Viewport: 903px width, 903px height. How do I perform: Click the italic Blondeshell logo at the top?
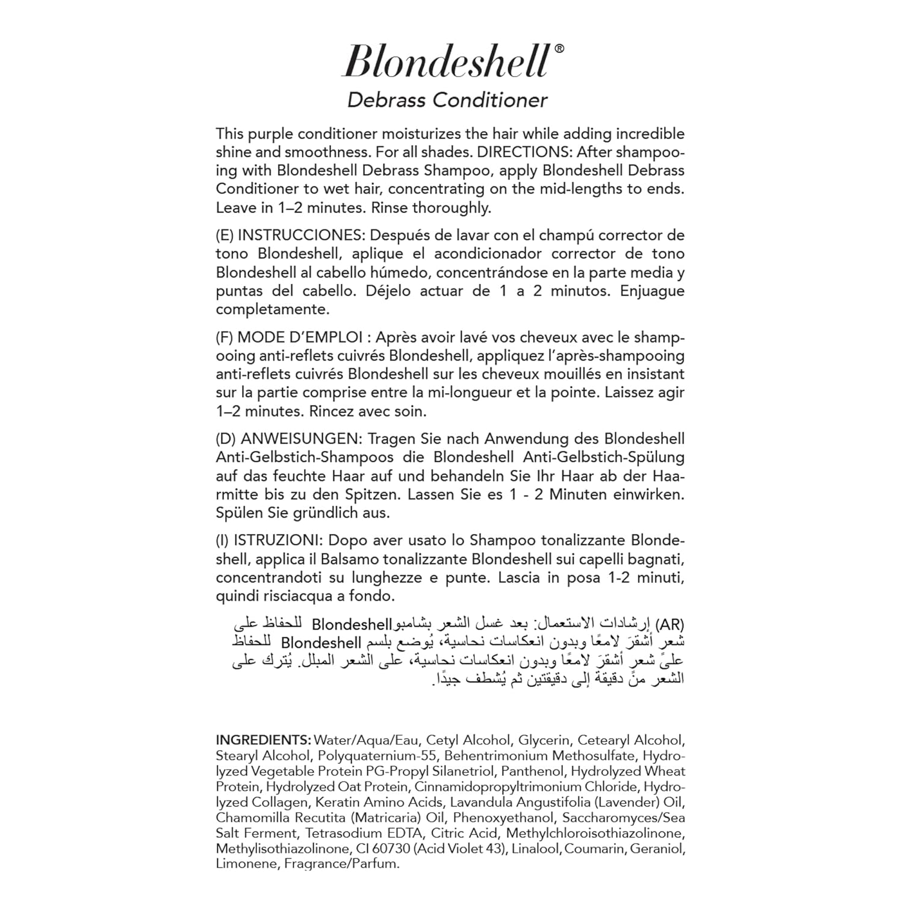(x=446, y=62)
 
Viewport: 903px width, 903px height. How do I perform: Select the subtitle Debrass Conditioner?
(x=447, y=100)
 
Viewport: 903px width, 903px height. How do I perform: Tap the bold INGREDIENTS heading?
(x=262, y=740)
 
